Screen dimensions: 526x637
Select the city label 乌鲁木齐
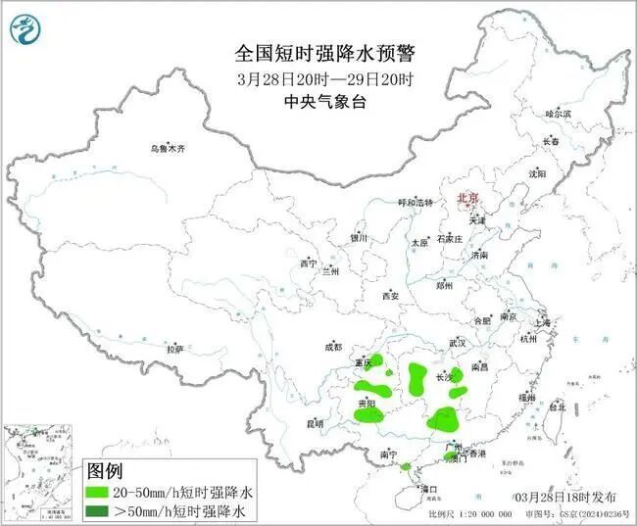coord(167,149)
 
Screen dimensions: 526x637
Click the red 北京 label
coord(466,199)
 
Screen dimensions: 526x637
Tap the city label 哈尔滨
coord(558,115)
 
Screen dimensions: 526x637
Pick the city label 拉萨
coord(174,349)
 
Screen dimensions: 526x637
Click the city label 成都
coord(332,347)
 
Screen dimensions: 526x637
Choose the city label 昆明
coord(314,423)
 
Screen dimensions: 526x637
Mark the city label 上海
coord(543,321)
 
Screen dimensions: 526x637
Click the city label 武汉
coord(458,343)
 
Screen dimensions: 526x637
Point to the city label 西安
coord(391,295)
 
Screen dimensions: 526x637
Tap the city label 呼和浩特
coord(415,202)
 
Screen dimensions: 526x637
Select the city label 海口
coord(427,487)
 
